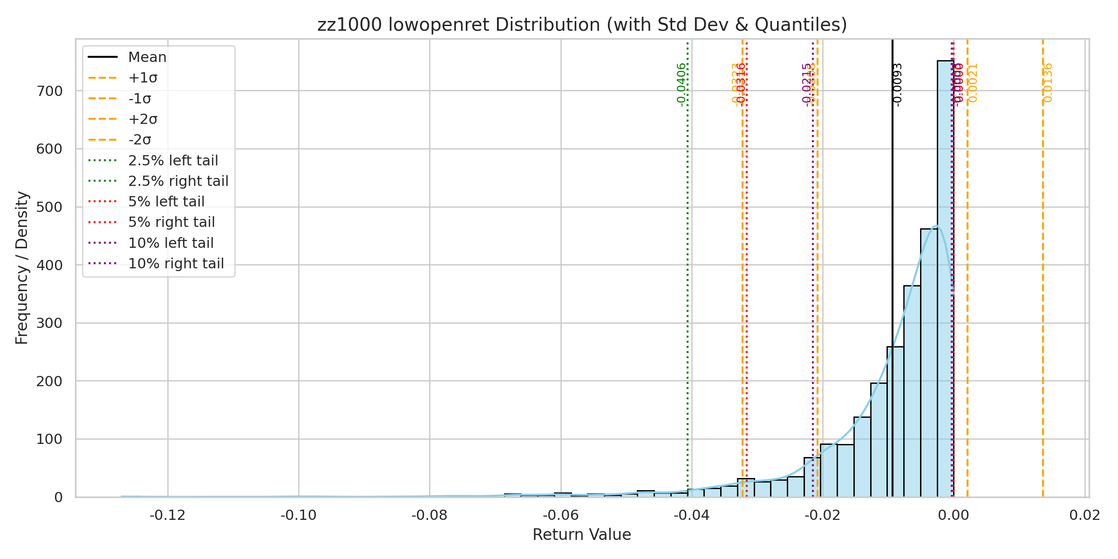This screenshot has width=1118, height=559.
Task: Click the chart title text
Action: point(582,25)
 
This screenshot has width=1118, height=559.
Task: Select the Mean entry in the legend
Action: point(147,57)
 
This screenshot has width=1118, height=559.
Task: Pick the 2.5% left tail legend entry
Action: point(173,161)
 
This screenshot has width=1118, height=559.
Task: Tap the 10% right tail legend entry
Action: point(176,264)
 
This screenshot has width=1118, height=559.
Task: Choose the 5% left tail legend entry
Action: point(166,202)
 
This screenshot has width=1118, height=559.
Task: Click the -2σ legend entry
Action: point(140,140)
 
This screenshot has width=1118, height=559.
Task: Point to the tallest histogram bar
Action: point(945,279)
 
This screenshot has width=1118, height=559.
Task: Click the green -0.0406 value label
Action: point(682,84)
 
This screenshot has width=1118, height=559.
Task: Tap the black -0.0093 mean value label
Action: point(898,84)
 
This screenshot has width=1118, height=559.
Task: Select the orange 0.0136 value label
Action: point(1048,82)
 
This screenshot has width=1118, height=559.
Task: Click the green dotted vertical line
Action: point(688,279)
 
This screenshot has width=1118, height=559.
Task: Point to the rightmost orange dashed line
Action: point(1043,279)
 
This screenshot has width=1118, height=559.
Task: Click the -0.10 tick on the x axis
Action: point(299,516)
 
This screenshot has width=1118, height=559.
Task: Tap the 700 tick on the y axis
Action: point(49,91)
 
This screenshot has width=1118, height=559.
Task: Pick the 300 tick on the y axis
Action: point(49,323)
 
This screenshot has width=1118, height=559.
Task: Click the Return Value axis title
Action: point(582,535)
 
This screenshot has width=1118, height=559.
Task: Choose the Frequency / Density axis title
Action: point(22,268)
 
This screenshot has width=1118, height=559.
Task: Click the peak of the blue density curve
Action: point(936,226)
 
